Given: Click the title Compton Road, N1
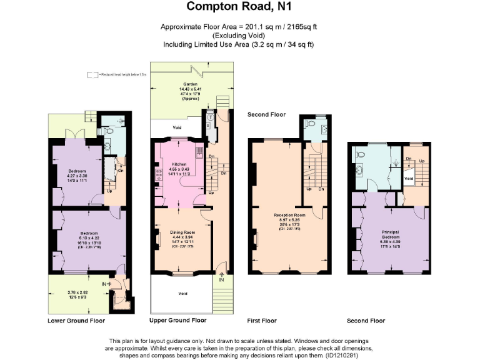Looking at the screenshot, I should click(239, 7).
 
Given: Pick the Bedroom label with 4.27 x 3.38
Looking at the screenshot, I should click(77, 171).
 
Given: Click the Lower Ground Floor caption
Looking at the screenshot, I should click(76, 321).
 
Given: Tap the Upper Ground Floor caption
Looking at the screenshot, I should click(177, 321).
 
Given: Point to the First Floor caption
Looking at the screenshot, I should click(261, 321).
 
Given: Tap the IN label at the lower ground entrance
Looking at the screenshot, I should click(104, 284).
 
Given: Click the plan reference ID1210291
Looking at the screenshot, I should click(344, 355).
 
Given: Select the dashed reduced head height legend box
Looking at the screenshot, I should click(93, 74).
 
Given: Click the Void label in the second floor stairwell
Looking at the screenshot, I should click(408, 178).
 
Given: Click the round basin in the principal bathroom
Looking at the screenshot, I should click(360, 170).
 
